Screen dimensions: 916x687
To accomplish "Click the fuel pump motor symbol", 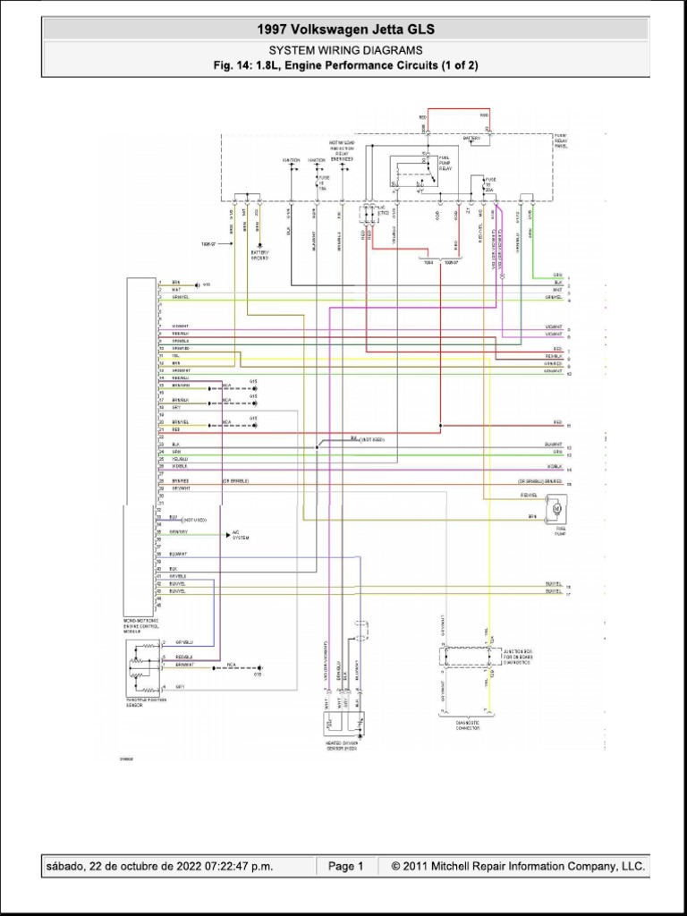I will coord(555,509).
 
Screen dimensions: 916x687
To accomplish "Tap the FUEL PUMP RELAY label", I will coord(445,163).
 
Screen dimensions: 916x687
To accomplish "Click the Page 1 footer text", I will coord(345,866).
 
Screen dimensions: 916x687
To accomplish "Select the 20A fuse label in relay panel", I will coord(488,190).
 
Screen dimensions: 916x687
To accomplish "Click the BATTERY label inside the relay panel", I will coord(471,139).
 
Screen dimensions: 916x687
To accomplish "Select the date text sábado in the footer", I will coord(69,866).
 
